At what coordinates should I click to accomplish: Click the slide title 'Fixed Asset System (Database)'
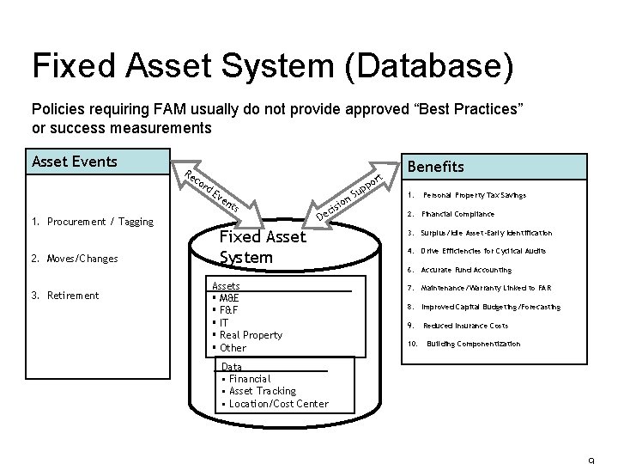click(x=272, y=67)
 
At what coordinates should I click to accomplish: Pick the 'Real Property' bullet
click(x=251, y=335)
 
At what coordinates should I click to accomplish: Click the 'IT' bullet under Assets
click(x=226, y=323)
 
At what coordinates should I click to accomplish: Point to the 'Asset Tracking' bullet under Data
click(x=261, y=391)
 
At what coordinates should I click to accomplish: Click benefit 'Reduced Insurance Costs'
click(x=477, y=326)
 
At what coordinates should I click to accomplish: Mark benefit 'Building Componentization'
click(x=473, y=344)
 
